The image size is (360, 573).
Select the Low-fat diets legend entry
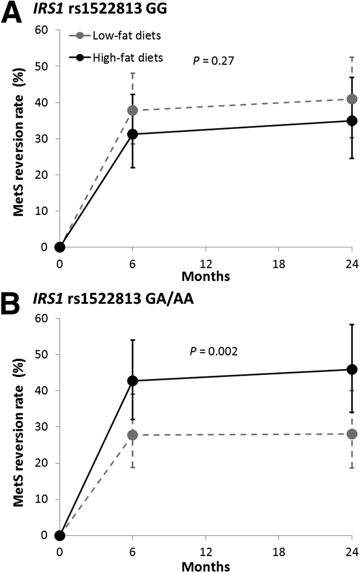tap(127, 35)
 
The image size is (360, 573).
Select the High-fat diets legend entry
tap(128, 58)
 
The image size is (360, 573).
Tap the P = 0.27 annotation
tap(213, 60)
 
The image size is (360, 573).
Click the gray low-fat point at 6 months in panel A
tap(132, 110)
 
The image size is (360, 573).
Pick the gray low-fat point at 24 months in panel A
tap(352, 99)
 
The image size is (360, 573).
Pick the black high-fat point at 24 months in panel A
tap(352, 121)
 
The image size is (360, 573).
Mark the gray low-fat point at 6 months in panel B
tap(132, 435)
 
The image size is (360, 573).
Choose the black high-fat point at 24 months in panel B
tap(352, 370)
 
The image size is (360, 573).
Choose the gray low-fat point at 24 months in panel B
tap(352, 434)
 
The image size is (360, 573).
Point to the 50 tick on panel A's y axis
tap(43, 66)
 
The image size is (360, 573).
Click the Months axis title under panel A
tap(206, 276)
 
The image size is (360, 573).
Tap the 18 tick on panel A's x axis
tap(279, 264)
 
